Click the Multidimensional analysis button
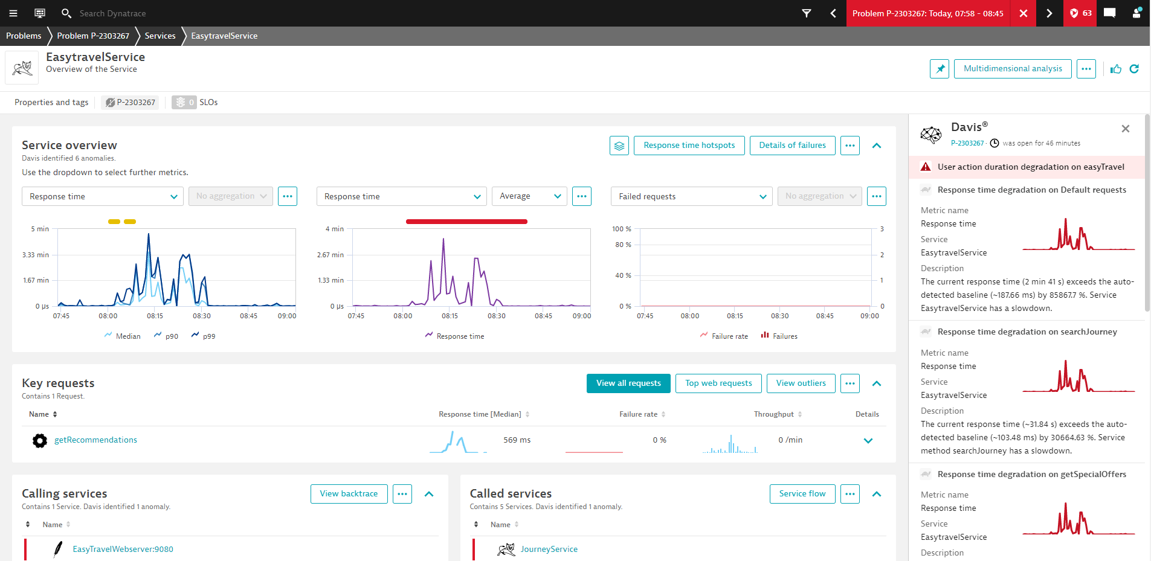pos(1013,69)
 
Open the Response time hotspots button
pos(689,146)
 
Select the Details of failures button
pos(793,146)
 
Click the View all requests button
pos(628,383)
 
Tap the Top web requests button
pos(719,383)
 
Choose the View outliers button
pos(801,383)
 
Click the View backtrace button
pos(349,494)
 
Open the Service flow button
pos(802,494)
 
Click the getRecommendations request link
pos(96,440)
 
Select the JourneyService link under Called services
pos(549,550)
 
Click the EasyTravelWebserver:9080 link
pos(123,550)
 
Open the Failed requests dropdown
pos(692,196)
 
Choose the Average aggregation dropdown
pos(529,196)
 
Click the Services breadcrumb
pos(160,36)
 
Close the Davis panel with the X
pos(1126,129)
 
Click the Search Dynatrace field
pos(113,13)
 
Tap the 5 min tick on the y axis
pos(40,229)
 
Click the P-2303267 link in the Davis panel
pos(967,144)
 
